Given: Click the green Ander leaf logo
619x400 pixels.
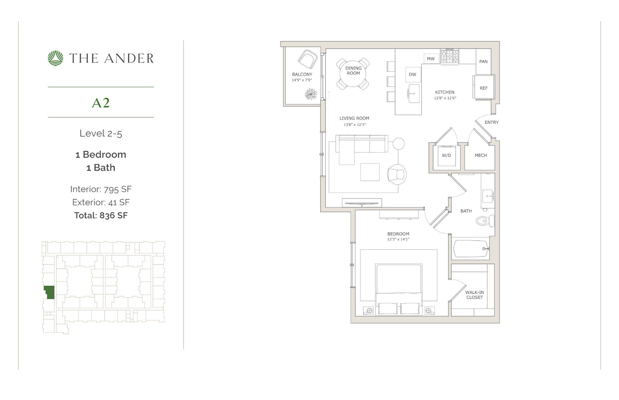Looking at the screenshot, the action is point(56,58).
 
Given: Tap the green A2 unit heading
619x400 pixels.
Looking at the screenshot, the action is point(101,103).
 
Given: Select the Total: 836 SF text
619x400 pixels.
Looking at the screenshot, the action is point(101,215).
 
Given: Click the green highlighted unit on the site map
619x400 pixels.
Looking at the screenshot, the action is point(49,292).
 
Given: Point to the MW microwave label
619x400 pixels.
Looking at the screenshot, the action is point(431,59).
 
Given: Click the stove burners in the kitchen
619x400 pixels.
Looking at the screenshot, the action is point(450,57).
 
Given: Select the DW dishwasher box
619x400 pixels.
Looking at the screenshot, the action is point(412,74).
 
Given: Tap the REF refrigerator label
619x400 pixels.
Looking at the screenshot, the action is point(484,88).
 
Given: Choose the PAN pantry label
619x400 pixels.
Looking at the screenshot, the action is point(483,62).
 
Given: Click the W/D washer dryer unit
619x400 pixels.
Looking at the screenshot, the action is point(447,155).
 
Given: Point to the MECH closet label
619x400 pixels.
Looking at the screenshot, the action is point(481,155).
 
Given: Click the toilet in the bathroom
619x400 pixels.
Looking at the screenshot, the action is point(485,221).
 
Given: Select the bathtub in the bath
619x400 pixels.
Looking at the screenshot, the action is point(471,249).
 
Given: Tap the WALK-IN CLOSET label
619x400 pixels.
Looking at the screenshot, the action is point(475,295).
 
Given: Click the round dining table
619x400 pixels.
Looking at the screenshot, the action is point(353,73).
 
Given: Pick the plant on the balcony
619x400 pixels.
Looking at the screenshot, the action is point(311,94).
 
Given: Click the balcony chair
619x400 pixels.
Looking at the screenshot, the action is point(308,60).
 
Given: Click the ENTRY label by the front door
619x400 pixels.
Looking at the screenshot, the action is point(492,122).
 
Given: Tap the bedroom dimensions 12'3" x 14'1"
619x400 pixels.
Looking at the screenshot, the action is point(398,239).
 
